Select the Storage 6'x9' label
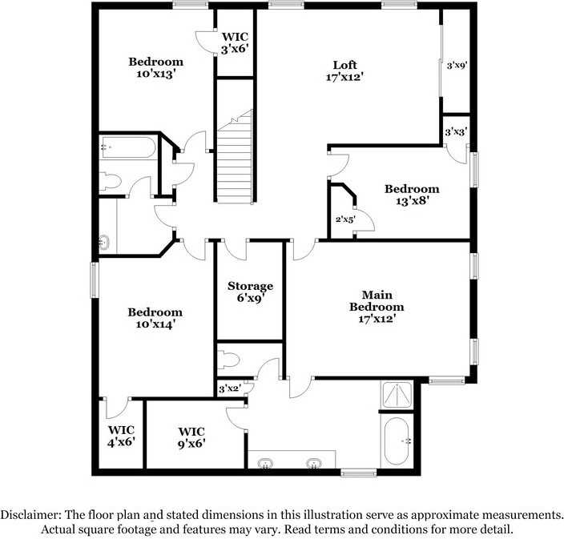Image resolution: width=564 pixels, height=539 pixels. coord(250,292)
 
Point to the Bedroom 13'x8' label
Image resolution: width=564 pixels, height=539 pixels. coord(412,195)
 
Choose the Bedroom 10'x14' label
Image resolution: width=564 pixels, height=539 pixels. coord(155,318)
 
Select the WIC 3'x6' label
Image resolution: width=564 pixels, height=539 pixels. coord(236,42)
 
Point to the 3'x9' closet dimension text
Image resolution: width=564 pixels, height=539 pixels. coord(457,65)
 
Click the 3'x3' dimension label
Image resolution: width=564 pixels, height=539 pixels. coord(457,131)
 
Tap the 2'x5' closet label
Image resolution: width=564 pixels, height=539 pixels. coord(344,218)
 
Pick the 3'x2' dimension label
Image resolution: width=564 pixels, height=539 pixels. coord(230,389)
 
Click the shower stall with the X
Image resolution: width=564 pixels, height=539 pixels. coord(398,394)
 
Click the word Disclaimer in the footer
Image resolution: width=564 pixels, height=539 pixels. coord(31,514)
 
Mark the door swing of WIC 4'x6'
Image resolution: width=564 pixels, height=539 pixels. coord(118,404)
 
